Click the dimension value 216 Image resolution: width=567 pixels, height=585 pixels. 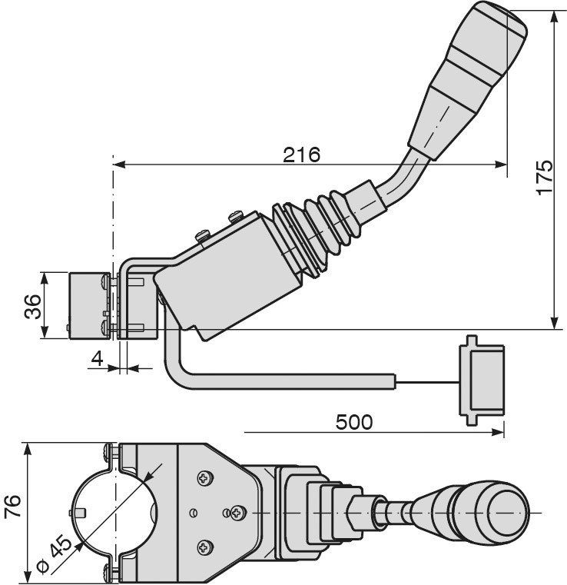click(x=301, y=155)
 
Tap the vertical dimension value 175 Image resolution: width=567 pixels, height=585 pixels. click(x=545, y=177)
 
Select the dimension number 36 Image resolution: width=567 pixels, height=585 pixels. click(x=33, y=307)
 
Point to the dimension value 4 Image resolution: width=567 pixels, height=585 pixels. click(x=97, y=359)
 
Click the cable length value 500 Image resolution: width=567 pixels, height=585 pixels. click(x=353, y=422)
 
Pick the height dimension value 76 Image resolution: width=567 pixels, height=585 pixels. click(x=12, y=507)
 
